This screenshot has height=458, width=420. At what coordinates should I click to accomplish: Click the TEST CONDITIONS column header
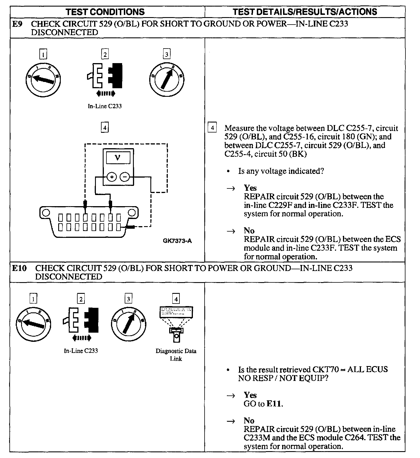pyautogui.click(x=105, y=12)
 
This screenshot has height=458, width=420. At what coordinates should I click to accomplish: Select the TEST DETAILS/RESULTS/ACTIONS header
pyautogui.click(x=305, y=12)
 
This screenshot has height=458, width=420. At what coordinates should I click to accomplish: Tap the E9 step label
pyautogui.click(x=17, y=24)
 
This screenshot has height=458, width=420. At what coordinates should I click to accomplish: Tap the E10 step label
pyautogui.click(x=19, y=268)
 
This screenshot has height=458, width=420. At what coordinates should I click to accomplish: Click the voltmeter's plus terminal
pyautogui.click(x=112, y=177)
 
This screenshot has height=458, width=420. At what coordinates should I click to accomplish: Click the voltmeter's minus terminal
pyautogui.click(x=125, y=177)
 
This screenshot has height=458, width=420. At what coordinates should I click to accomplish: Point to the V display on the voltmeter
pyautogui.click(x=118, y=157)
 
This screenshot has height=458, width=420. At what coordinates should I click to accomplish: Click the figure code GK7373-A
pyautogui.click(x=177, y=241)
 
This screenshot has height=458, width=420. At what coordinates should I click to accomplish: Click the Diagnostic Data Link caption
pyautogui.click(x=176, y=355)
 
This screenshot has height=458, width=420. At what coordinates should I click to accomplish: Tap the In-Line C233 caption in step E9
pyautogui.click(x=105, y=106)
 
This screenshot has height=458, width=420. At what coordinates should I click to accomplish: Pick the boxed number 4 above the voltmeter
pyautogui.click(x=105, y=127)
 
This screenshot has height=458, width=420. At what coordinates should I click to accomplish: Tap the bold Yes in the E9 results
pyautogui.click(x=250, y=188)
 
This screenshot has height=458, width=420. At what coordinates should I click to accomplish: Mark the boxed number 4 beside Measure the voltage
pyautogui.click(x=212, y=128)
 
